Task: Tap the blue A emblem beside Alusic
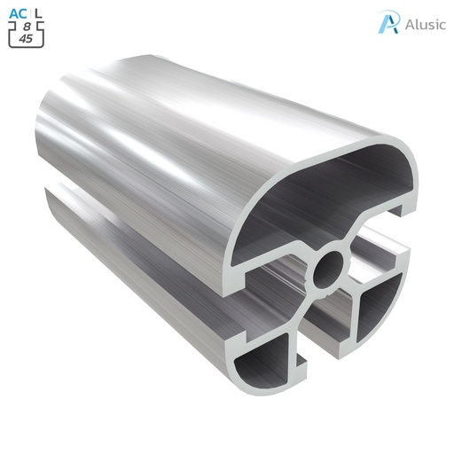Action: (x=387, y=22)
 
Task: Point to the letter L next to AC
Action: (x=37, y=12)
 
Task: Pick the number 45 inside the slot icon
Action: (x=27, y=40)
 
